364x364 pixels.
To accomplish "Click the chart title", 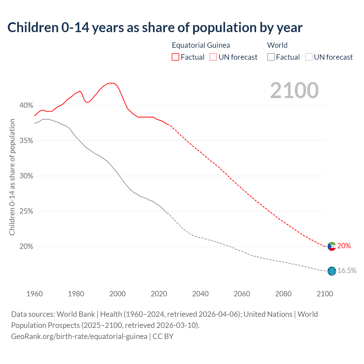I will pos(155,28).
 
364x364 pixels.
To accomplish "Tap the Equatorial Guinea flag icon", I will pos(332,246).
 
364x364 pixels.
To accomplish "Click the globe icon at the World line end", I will pos(332,271).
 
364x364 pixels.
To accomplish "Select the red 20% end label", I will pos(344,246).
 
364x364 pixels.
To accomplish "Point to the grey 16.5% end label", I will pos(347,270).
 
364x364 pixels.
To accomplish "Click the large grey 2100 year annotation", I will pos(294,90).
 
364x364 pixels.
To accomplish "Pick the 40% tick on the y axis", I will pos(26,106).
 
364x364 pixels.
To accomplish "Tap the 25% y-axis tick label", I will pos(26,211).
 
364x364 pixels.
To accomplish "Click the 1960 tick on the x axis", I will pos(35,294).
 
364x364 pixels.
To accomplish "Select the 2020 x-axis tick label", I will pos(159,294).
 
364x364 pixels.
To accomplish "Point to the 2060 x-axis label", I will pos(242,294).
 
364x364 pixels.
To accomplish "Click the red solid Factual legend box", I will pos(175,57).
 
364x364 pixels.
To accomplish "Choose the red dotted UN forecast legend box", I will pos(213,57).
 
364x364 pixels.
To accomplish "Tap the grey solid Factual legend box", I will pos(271,57).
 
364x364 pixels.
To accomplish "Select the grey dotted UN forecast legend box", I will pos(309,57).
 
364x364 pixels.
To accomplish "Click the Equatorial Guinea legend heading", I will pos(201,45).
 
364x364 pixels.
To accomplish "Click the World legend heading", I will pos(277,45).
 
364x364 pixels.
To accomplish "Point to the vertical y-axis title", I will pos(12,177).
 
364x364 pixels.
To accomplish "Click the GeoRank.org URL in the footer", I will pos(79,336).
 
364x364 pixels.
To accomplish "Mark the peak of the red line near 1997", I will pos(111,83).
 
